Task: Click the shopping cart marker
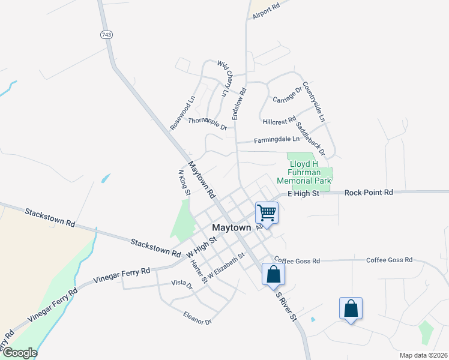267,212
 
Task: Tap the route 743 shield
106,35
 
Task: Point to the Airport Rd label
267,12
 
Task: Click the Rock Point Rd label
369,193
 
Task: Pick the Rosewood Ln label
182,113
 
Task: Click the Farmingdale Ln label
276,139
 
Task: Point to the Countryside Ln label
313,101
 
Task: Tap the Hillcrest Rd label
279,121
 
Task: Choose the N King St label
184,182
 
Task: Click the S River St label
286,306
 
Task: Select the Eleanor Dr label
198,317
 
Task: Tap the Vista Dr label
181,283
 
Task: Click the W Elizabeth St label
226,266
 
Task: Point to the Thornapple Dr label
207,123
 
